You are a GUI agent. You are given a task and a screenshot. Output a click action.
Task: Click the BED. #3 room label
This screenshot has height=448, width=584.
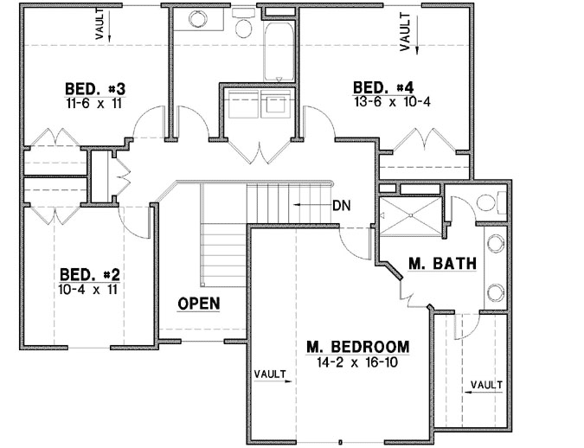click(95, 88)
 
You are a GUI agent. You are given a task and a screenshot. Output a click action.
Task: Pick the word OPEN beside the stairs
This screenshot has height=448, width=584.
click(198, 304)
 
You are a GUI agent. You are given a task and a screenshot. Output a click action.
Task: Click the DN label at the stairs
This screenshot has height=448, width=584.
click(341, 206)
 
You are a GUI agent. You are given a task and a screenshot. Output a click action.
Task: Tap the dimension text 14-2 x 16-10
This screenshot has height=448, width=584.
click(357, 363)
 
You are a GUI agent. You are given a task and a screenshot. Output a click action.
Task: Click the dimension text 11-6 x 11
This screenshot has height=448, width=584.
click(95, 102)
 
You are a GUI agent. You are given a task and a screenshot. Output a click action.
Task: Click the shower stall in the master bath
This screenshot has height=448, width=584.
click(409, 217)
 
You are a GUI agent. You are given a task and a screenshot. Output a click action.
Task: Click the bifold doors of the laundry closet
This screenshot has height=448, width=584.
click(261, 152)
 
